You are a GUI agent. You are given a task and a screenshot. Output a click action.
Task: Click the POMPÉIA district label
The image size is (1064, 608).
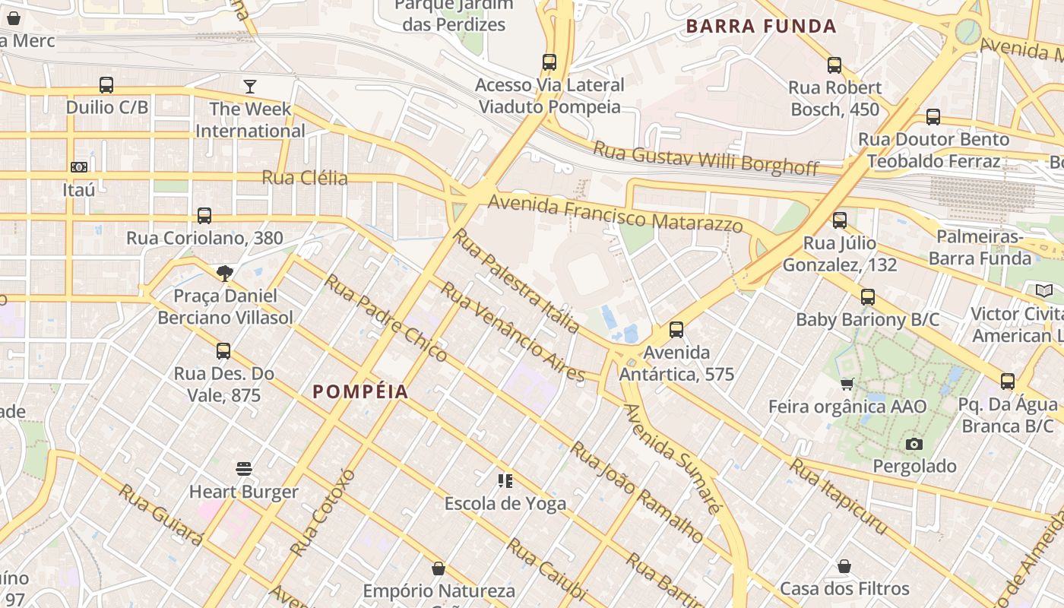360,392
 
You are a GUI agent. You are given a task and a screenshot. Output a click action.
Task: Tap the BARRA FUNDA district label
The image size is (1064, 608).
761,27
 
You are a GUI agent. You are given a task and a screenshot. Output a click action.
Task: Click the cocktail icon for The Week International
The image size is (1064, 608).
250,86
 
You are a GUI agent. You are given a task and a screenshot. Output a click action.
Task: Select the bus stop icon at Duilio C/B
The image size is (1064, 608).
106,85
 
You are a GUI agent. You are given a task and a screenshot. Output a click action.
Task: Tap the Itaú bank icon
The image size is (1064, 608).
79,167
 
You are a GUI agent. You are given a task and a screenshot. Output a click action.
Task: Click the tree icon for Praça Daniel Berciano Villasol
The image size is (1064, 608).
224,274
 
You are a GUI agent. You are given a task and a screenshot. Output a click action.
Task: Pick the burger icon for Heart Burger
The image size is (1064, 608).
244,469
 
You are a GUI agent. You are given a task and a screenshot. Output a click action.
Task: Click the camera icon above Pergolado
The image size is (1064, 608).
914,444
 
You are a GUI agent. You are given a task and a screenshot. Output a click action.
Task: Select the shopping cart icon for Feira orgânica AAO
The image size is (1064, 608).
847,385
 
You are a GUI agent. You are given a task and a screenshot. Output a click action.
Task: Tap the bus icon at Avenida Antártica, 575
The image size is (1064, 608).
676,330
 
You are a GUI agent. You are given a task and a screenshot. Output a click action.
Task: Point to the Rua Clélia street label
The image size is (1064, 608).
305,179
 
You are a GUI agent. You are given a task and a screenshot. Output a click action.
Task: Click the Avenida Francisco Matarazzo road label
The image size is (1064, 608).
615,214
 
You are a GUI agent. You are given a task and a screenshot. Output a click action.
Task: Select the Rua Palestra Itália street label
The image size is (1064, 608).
517,280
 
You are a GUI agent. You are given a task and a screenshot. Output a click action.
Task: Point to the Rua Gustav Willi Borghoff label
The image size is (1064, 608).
705,157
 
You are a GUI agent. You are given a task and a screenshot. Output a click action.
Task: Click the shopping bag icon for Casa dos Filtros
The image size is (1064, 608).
844,567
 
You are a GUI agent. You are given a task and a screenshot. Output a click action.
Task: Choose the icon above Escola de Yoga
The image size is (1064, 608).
505,481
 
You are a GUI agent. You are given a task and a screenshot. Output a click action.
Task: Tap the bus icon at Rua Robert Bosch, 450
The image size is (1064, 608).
834,65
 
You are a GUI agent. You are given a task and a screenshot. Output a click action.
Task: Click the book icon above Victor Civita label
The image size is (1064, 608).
1044,291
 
